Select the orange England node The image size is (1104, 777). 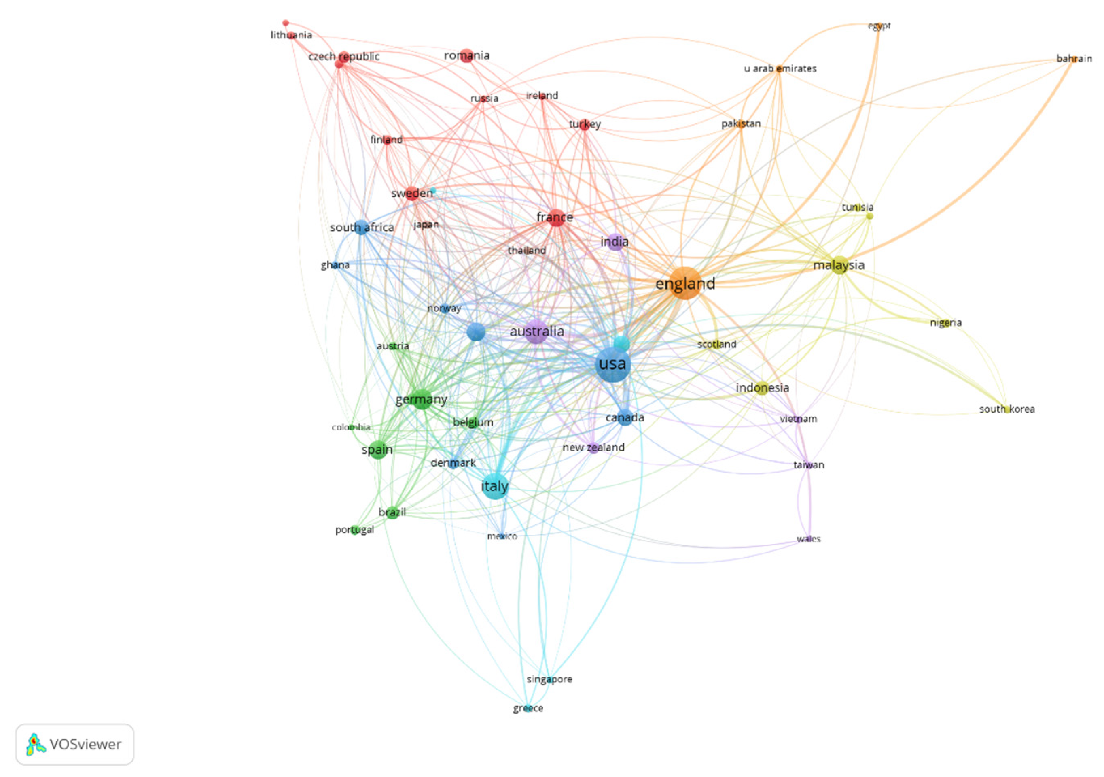point(685,283)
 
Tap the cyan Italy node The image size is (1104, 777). point(495,486)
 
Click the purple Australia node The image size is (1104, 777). point(536,331)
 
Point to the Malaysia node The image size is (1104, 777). point(839,265)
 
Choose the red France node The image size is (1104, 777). point(556,217)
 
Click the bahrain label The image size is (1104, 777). point(1074,59)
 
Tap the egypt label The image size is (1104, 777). point(879,26)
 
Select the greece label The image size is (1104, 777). point(528,708)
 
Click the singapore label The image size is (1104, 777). point(549,679)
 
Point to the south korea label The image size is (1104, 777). point(1007,409)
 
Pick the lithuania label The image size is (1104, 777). point(291,35)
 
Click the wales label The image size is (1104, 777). point(808,539)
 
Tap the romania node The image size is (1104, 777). point(466,55)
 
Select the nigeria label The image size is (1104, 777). point(945,323)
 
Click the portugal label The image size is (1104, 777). point(354,530)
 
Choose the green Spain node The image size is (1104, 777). point(378,449)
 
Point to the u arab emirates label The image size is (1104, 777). point(780,68)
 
